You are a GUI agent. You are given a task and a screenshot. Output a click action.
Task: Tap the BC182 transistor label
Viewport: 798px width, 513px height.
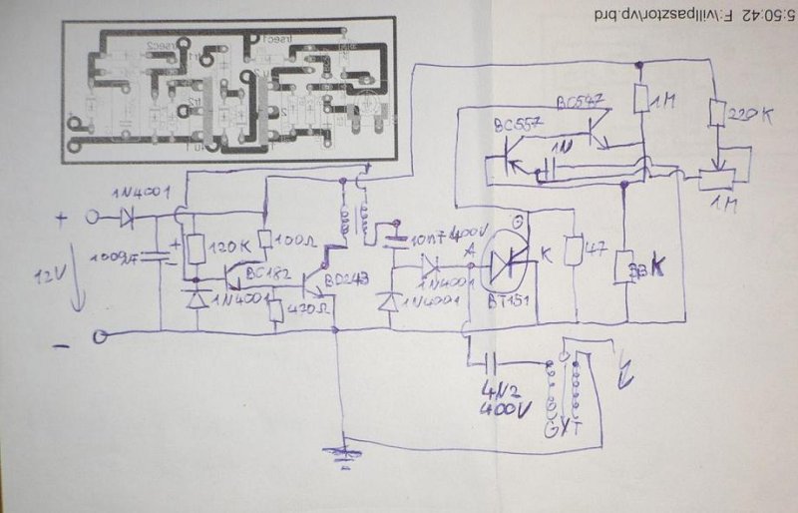point(262,271)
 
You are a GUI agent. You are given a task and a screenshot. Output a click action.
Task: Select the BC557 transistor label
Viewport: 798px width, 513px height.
point(518,124)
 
